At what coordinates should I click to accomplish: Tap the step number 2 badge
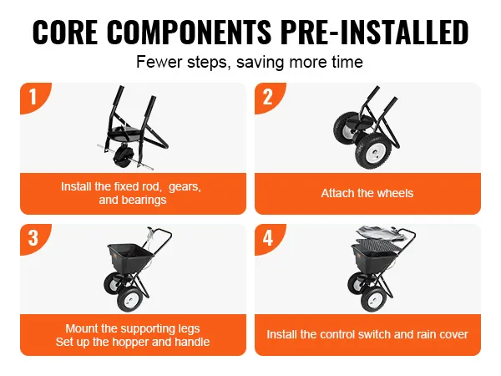[x=268, y=97]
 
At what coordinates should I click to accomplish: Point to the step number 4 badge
[x=268, y=238]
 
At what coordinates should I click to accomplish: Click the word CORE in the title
[x=65, y=32]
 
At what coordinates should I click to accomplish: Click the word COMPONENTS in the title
[x=190, y=32]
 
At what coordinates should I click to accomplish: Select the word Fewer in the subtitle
[x=159, y=62]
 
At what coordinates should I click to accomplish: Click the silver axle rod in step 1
[x=125, y=157]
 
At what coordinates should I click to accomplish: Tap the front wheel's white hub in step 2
[x=373, y=155]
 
